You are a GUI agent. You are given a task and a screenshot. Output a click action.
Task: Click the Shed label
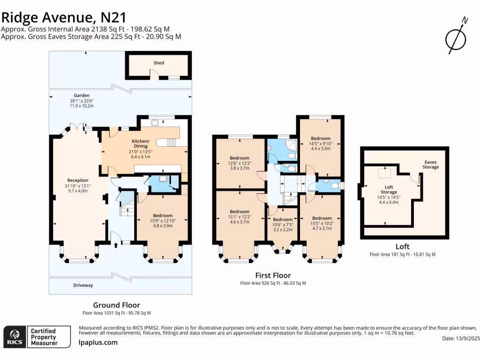pyautogui.click(x=158, y=63)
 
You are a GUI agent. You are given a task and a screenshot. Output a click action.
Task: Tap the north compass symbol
pyautogui.click(x=456, y=36)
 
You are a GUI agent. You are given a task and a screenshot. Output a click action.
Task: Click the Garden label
pyautogui.click(x=82, y=96)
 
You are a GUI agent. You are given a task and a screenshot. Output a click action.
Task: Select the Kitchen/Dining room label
pyautogui.click(x=141, y=143)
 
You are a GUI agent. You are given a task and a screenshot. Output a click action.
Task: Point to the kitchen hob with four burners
pyautogui.click(x=172, y=142)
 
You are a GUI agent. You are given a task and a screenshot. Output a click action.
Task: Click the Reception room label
pyautogui.click(x=78, y=180)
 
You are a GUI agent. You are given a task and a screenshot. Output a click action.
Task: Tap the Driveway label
pyautogui.click(x=83, y=285)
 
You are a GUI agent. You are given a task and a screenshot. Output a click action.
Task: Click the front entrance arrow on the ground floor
pyautogui.click(x=116, y=245)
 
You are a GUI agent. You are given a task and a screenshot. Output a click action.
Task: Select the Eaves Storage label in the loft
pyautogui.click(x=431, y=165)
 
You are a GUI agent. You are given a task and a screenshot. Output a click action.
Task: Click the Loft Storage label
pyautogui.click(x=389, y=189)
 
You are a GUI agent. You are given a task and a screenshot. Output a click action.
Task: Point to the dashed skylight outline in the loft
pyautogui.click(x=384, y=173)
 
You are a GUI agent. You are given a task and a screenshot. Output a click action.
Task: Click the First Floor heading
pyautogui.click(x=273, y=275)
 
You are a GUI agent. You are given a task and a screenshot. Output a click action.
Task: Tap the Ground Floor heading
pyautogui.click(x=117, y=305)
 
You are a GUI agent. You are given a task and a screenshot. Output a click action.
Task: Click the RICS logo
pyautogui.click(x=15, y=337)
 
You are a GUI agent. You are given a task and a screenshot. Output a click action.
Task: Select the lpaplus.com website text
pyautogui.click(x=98, y=343)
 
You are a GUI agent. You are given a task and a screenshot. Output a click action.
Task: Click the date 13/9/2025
pyautogui.click(x=468, y=338)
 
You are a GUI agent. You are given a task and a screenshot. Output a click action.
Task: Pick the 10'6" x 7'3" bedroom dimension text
pyautogui.click(x=283, y=225)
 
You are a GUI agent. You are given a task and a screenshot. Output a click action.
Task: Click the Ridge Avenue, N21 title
pyautogui.click(x=64, y=17)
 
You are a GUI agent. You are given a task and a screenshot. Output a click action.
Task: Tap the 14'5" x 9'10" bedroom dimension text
pyautogui.click(x=321, y=143)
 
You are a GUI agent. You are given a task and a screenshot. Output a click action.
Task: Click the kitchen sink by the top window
pyautogui.click(x=155, y=122)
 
